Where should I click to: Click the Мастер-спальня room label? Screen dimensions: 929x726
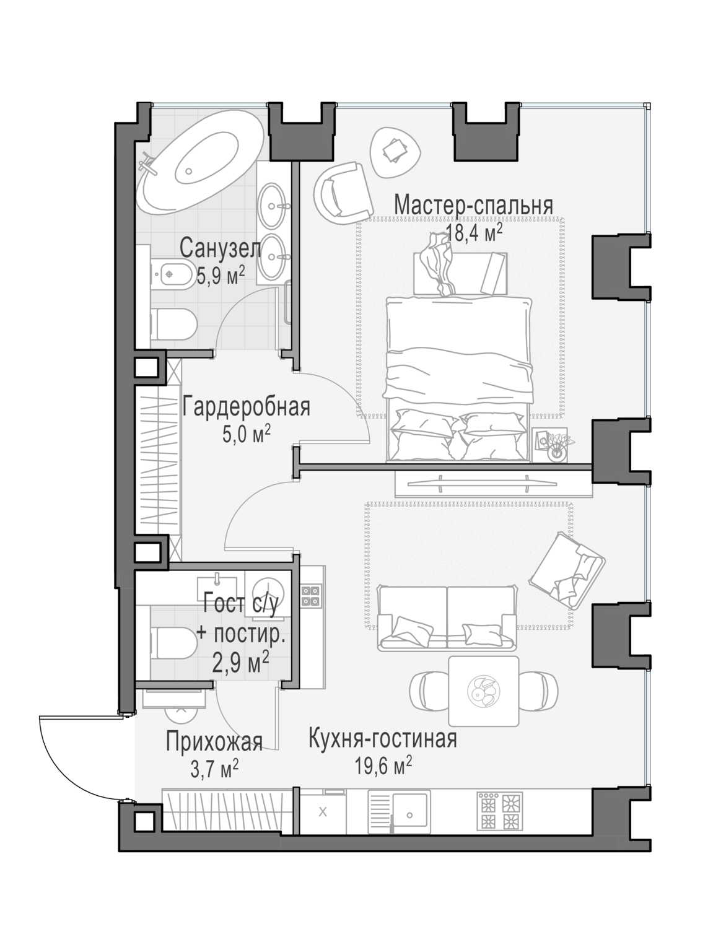pyautogui.click(x=473, y=205)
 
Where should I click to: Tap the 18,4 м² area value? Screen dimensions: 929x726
pyautogui.click(x=473, y=233)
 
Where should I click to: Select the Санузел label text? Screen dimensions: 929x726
pyautogui.click(x=220, y=249)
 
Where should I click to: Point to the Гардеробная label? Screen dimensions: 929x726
pyautogui.click(x=246, y=408)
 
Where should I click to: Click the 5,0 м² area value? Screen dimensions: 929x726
pyautogui.click(x=246, y=435)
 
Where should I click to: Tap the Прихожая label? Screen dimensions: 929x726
pyautogui.click(x=214, y=741)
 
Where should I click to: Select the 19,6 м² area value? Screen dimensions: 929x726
pyautogui.click(x=383, y=766)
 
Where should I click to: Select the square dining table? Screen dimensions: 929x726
pyautogui.click(x=483, y=691)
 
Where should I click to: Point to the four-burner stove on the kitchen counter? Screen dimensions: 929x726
pyautogui.click(x=499, y=811)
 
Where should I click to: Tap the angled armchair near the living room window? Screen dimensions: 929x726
pyautogui.click(x=566, y=568)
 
